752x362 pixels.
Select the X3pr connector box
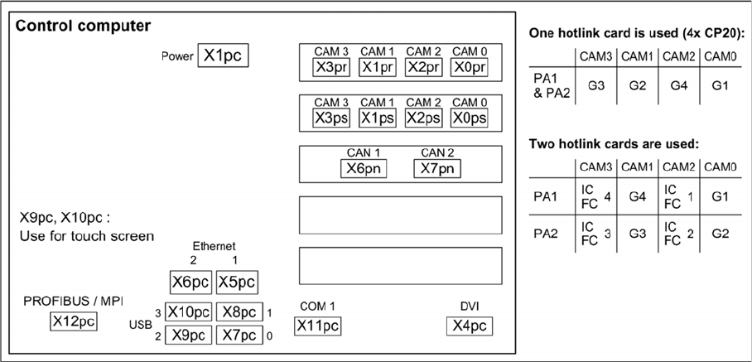point(330,68)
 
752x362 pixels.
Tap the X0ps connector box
point(469,118)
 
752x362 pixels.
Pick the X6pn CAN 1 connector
point(364,169)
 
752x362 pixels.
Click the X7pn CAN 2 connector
point(436,169)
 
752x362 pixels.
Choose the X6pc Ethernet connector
point(190,282)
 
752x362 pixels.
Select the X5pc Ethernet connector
point(237,282)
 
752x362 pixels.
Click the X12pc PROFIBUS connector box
point(73,321)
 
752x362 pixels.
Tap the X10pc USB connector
point(188,312)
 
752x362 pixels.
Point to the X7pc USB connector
point(238,335)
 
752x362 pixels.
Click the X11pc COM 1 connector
point(318,326)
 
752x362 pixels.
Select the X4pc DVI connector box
point(469,326)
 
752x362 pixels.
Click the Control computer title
point(83,26)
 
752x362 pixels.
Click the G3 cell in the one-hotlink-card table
point(596,84)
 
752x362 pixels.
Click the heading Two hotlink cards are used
point(615,144)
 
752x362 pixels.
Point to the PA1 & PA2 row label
point(550,84)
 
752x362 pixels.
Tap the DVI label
point(470,306)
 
